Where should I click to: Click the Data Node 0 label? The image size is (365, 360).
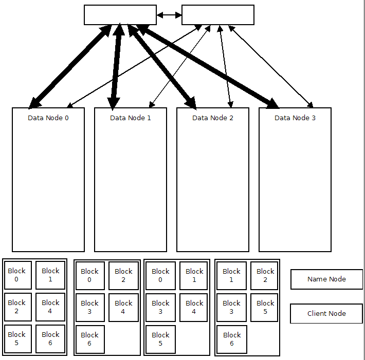point(48,118)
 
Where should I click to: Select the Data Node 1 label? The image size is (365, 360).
point(131,118)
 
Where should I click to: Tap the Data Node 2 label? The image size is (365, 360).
point(213,118)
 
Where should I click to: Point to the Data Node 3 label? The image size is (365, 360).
point(295,118)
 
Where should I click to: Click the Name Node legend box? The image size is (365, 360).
point(326,279)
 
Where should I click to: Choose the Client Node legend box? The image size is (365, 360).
point(326,313)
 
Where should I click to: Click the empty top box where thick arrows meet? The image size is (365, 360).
point(120,15)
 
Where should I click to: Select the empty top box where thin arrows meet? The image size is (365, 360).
point(218,15)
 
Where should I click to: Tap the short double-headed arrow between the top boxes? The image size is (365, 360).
point(169,15)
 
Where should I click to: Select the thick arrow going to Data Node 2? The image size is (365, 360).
point(162,67)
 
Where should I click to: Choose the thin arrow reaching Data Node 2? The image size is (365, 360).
point(225,67)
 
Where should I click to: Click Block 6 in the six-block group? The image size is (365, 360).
point(50,339)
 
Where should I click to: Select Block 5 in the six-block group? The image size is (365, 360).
point(18,339)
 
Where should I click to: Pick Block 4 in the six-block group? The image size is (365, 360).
point(50,307)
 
